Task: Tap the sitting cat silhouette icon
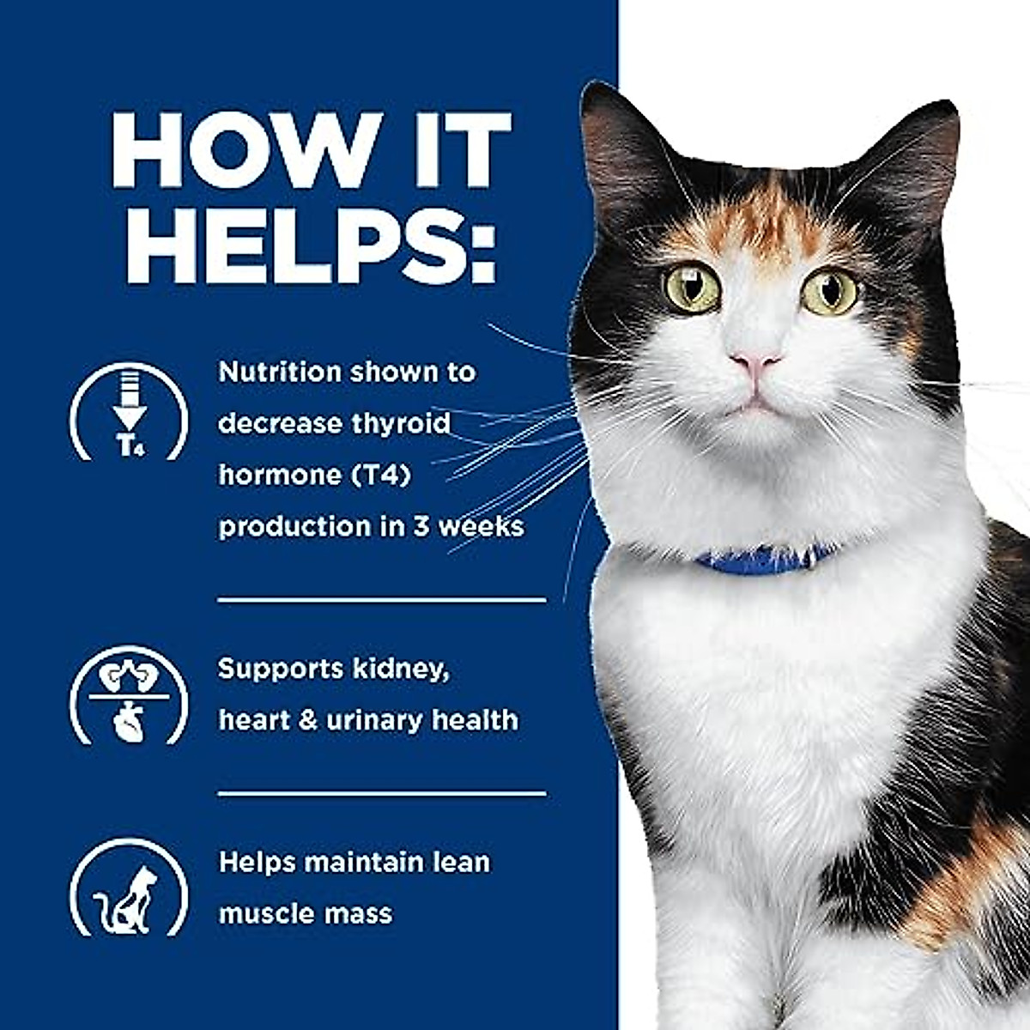(128, 888)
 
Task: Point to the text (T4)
(373, 475)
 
